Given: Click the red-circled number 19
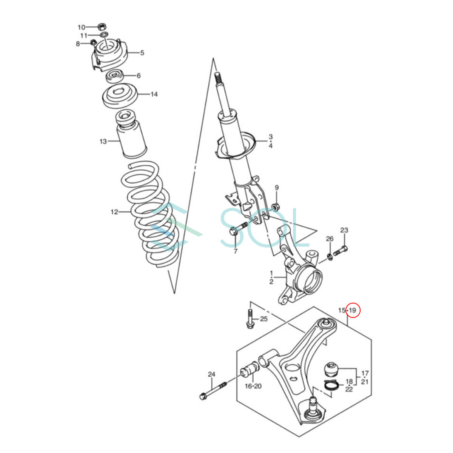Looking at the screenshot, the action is pos(353,310).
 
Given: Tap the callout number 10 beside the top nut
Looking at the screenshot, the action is pos(81,28).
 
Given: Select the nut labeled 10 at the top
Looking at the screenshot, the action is pos(102,27).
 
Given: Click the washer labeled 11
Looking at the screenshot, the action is pos(104,35).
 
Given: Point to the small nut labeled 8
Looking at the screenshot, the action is pos(93,43).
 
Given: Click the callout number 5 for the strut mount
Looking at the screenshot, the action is pos(142,52).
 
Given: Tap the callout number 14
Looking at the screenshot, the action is pos(154,94).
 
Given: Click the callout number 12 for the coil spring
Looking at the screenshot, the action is pos(114,212).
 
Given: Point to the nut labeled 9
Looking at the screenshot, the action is pos(276,207).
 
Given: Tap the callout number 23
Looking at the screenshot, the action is pos(344,230).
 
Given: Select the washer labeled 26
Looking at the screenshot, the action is pos(330,257).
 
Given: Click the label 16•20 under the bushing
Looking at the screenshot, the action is pos(253,386).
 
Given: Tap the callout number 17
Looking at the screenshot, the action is pos(365,373).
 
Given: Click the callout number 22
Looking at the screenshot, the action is pos(349,389).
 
